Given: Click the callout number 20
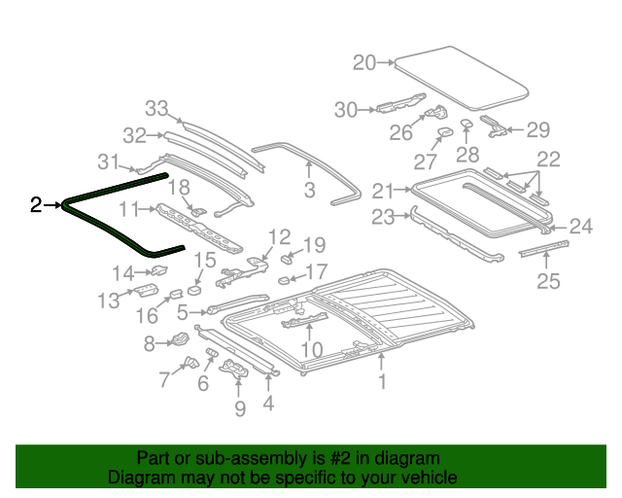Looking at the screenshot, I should click(x=364, y=63).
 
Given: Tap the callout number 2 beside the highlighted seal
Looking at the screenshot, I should click(x=36, y=204).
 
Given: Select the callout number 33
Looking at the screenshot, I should click(x=156, y=108).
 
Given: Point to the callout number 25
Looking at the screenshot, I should click(x=549, y=282).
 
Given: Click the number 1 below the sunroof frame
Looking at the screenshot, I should click(x=382, y=382).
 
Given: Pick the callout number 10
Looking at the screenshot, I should click(x=311, y=349).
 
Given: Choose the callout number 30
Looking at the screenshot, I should click(x=346, y=110).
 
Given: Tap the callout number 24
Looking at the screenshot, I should click(x=580, y=227).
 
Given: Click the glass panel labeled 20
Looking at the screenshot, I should click(x=462, y=76).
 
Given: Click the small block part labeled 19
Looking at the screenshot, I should click(x=289, y=259).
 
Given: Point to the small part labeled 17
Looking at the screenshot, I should click(x=284, y=280).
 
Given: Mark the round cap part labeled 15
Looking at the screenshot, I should click(x=194, y=288).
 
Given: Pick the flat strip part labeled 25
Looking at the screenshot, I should click(x=540, y=251).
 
